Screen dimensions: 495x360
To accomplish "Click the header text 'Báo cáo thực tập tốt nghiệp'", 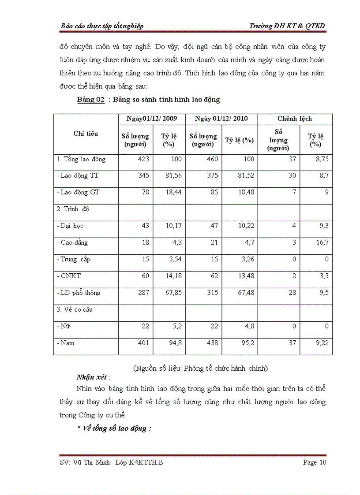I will coord(102,26).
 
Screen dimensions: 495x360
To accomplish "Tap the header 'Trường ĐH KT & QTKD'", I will coord(287,26).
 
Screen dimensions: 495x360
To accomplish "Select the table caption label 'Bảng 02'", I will coord(90,100).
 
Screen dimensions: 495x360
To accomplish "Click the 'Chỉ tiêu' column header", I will coord(86,134).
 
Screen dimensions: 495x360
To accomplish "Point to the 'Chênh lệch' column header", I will coord(295,119).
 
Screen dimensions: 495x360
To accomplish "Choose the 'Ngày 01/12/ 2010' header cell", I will coord(221,119).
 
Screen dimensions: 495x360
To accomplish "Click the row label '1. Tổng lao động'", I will coord(82,159).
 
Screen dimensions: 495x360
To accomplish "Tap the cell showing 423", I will coord(144,159).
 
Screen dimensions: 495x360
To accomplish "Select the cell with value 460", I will coord(212,159).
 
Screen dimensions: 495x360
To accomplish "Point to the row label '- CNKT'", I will coord(69,276).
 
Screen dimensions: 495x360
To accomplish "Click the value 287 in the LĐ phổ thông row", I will coord(144,293).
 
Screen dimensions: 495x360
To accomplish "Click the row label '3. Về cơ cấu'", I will coord(75,309).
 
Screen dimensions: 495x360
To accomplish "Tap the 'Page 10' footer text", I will coord(315,462).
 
